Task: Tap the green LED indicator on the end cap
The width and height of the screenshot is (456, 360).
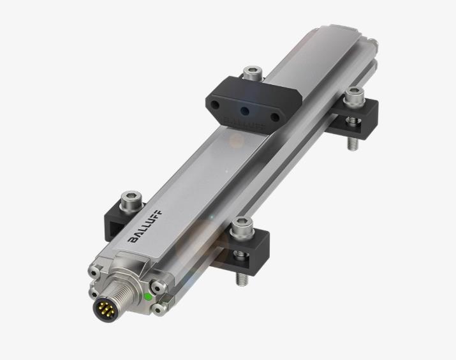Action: pyautogui.click(x=149, y=297)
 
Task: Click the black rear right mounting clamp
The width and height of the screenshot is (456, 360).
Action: pyautogui.click(x=357, y=118)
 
